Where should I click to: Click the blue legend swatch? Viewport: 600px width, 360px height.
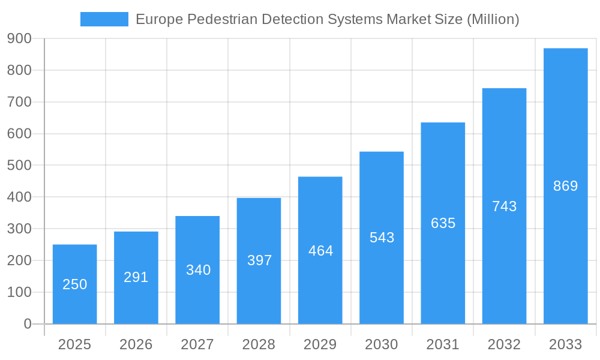pos(104,19)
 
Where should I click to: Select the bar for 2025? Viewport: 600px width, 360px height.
pos(75,264)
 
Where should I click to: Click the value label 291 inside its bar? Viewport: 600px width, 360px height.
pos(136,277)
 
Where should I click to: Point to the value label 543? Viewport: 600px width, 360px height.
pos(382,238)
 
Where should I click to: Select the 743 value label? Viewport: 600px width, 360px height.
pos(504,206)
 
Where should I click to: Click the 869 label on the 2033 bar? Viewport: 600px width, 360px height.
pos(565,186)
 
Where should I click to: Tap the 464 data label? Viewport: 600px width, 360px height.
pos(320,251)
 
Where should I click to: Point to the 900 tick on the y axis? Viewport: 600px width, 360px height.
pos(19,38)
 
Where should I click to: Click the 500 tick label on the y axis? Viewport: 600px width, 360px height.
pos(19,165)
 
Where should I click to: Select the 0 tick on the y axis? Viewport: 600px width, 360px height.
pos(28,324)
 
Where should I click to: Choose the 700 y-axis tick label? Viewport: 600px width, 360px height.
pos(19,102)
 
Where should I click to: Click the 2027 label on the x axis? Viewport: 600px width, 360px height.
pos(197,344)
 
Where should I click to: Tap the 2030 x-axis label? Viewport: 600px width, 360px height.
pos(382,344)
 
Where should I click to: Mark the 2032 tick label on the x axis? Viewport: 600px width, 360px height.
pos(504,344)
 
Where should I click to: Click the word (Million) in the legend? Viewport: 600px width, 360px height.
pos(493,19)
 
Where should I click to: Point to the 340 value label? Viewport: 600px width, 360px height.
pos(198,270)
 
